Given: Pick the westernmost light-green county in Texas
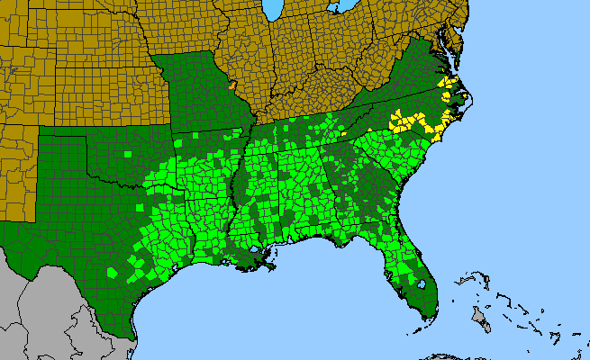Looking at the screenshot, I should (112, 272).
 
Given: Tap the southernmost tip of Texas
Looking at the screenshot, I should (134, 339).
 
